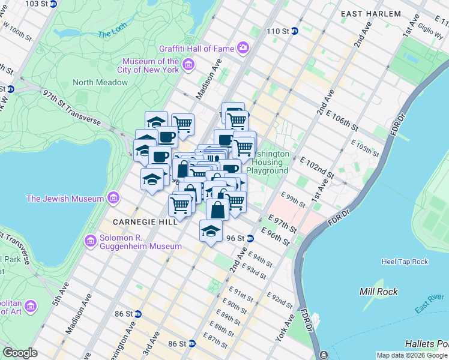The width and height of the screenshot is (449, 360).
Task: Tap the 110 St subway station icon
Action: [x=295, y=31]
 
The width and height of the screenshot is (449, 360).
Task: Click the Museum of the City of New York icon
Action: [x=188, y=65]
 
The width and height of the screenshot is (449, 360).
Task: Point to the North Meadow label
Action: [x=100, y=82]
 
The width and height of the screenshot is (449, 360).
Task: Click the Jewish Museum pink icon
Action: [x=113, y=199]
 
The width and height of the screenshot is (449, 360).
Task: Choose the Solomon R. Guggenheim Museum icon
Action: [x=91, y=241]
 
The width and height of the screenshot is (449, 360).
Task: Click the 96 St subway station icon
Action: [x=250, y=238]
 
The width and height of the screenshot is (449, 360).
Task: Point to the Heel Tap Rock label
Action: [x=405, y=262]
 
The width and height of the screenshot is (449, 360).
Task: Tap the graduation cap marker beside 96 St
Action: [x=211, y=231]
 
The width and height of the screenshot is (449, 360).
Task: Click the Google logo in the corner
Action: [x=20, y=353]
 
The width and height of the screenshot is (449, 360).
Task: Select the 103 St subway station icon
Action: [x=53, y=4]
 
